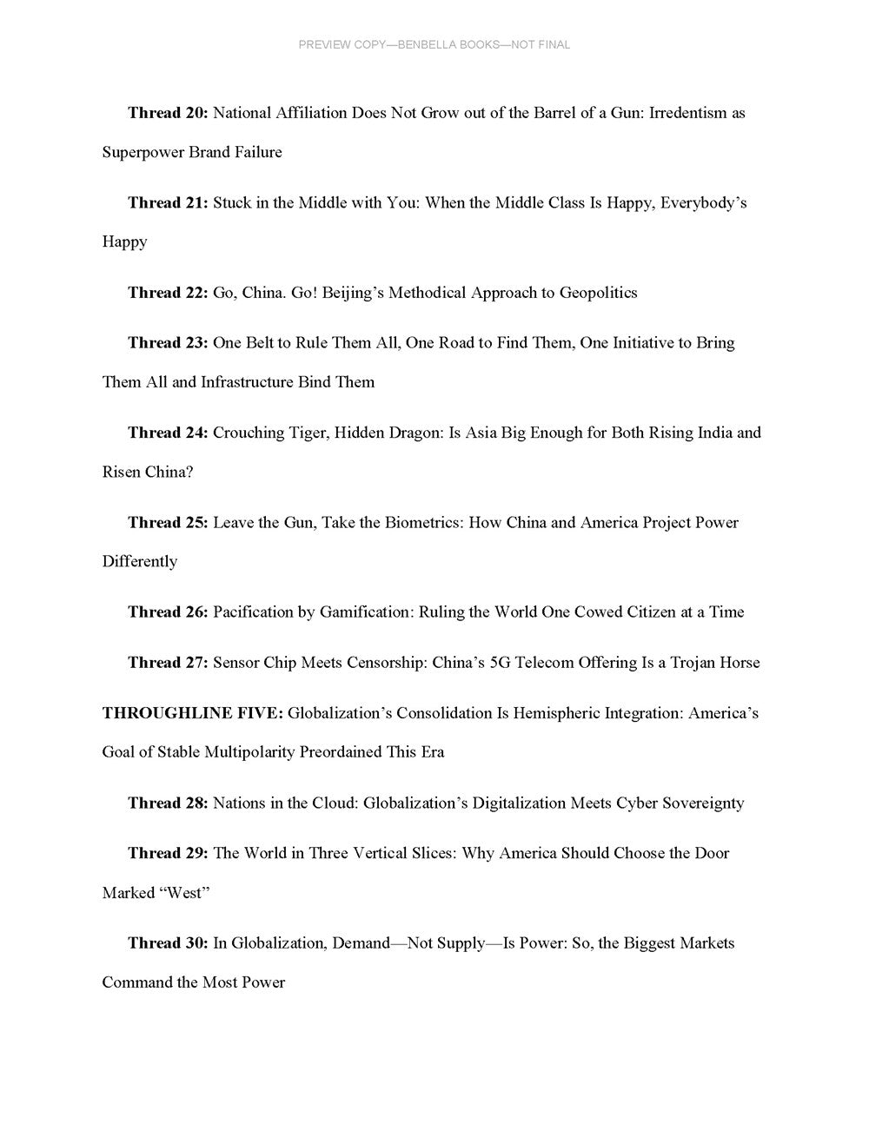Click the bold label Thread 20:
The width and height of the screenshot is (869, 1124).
click(x=168, y=113)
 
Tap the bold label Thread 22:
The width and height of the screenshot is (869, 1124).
click(x=168, y=293)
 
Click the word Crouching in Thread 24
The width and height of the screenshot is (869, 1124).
click(x=249, y=433)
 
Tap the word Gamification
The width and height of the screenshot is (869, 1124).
click(x=365, y=612)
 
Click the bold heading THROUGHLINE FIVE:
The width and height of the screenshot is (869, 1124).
click(x=192, y=714)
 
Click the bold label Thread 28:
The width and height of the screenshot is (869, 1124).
click(x=168, y=803)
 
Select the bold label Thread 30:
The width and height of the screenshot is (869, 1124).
click(x=168, y=943)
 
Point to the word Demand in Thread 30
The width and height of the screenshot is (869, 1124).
click(x=361, y=943)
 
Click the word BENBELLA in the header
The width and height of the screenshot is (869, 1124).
click(x=427, y=44)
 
